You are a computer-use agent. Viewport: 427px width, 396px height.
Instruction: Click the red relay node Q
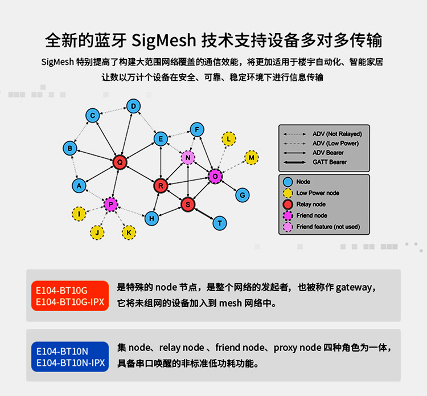click(120, 162)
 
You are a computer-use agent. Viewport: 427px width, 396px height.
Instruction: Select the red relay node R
click(161, 185)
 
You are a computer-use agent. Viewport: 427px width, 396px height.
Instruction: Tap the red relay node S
click(188, 203)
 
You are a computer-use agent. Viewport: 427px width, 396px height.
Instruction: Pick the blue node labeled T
click(220, 223)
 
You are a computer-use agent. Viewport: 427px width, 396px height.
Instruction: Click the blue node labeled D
click(133, 106)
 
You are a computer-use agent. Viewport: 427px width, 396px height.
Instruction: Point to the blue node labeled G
click(243, 195)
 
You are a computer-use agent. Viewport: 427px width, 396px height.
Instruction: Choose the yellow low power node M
click(251, 157)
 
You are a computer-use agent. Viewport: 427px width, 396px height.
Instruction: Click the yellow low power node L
click(229, 138)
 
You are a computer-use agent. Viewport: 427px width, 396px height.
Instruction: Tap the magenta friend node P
click(110, 204)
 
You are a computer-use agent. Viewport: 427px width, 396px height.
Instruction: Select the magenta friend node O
click(215, 177)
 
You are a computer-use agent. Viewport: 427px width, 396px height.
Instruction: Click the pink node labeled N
click(188, 157)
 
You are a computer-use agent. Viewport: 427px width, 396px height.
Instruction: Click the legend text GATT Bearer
click(329, 162)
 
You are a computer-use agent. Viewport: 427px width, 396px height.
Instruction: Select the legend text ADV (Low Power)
click(335, 144)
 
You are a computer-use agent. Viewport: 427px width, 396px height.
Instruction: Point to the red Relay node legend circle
click(288, 204)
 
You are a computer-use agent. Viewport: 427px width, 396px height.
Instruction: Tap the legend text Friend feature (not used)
click(328, 227)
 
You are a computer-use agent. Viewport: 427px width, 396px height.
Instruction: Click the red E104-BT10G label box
click(70, 295)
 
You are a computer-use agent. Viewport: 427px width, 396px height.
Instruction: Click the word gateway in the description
click(355, 288)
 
